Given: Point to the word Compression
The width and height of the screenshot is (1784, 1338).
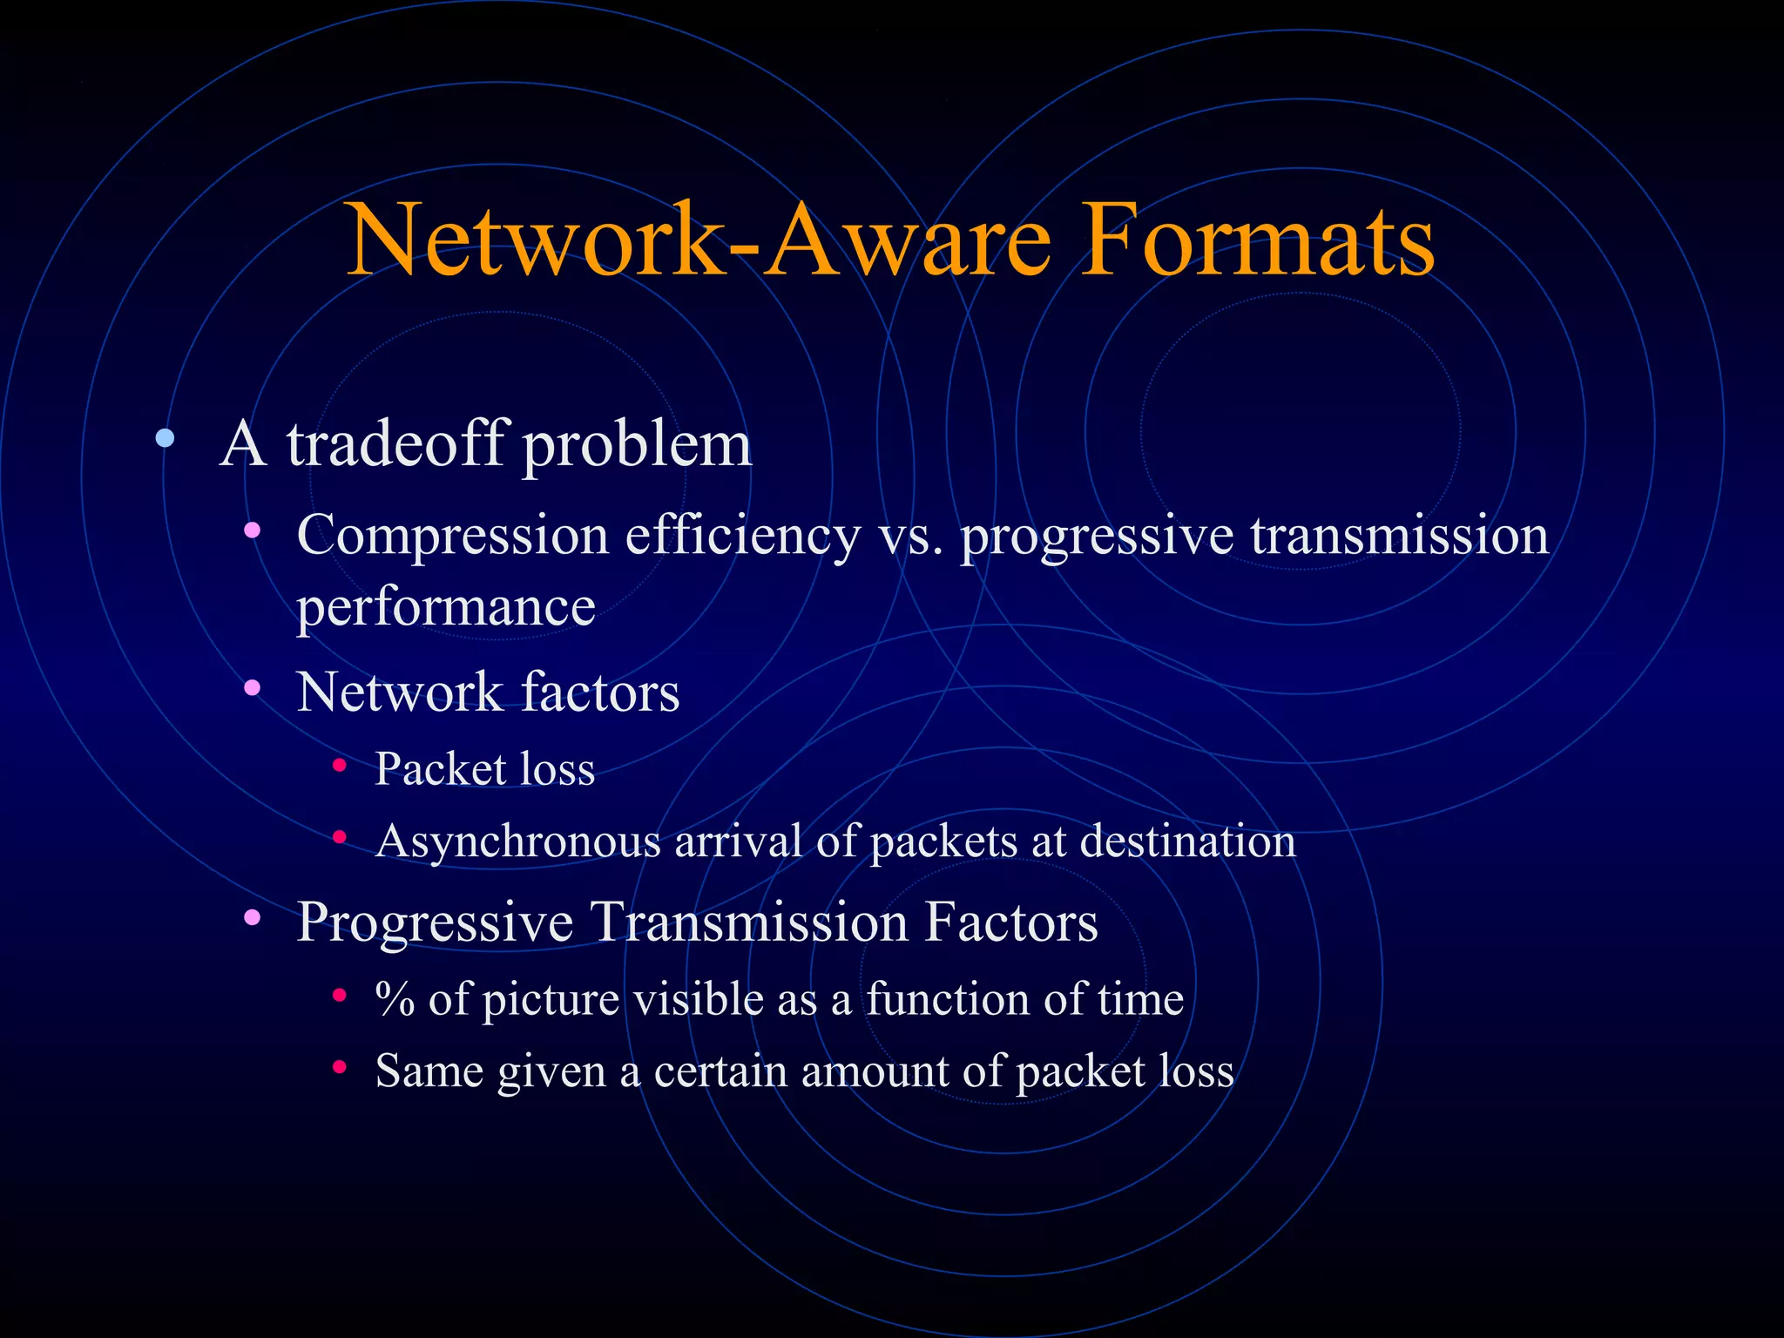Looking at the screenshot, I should [453, 536].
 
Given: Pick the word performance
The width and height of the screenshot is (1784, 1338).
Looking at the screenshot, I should [446, 606].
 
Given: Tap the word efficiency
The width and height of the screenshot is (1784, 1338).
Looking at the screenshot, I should [743, 536].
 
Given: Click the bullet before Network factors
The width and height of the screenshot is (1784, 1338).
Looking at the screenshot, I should [253, 688].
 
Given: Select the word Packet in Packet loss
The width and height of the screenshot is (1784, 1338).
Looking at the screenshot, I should [440, 769].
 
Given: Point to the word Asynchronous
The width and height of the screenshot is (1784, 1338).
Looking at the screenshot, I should [518, 842].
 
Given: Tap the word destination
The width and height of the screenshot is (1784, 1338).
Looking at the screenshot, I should [1187, 841].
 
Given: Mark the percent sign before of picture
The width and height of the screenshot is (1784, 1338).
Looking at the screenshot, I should [394, 999].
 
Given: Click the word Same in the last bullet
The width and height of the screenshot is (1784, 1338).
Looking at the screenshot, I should [429, 1071].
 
